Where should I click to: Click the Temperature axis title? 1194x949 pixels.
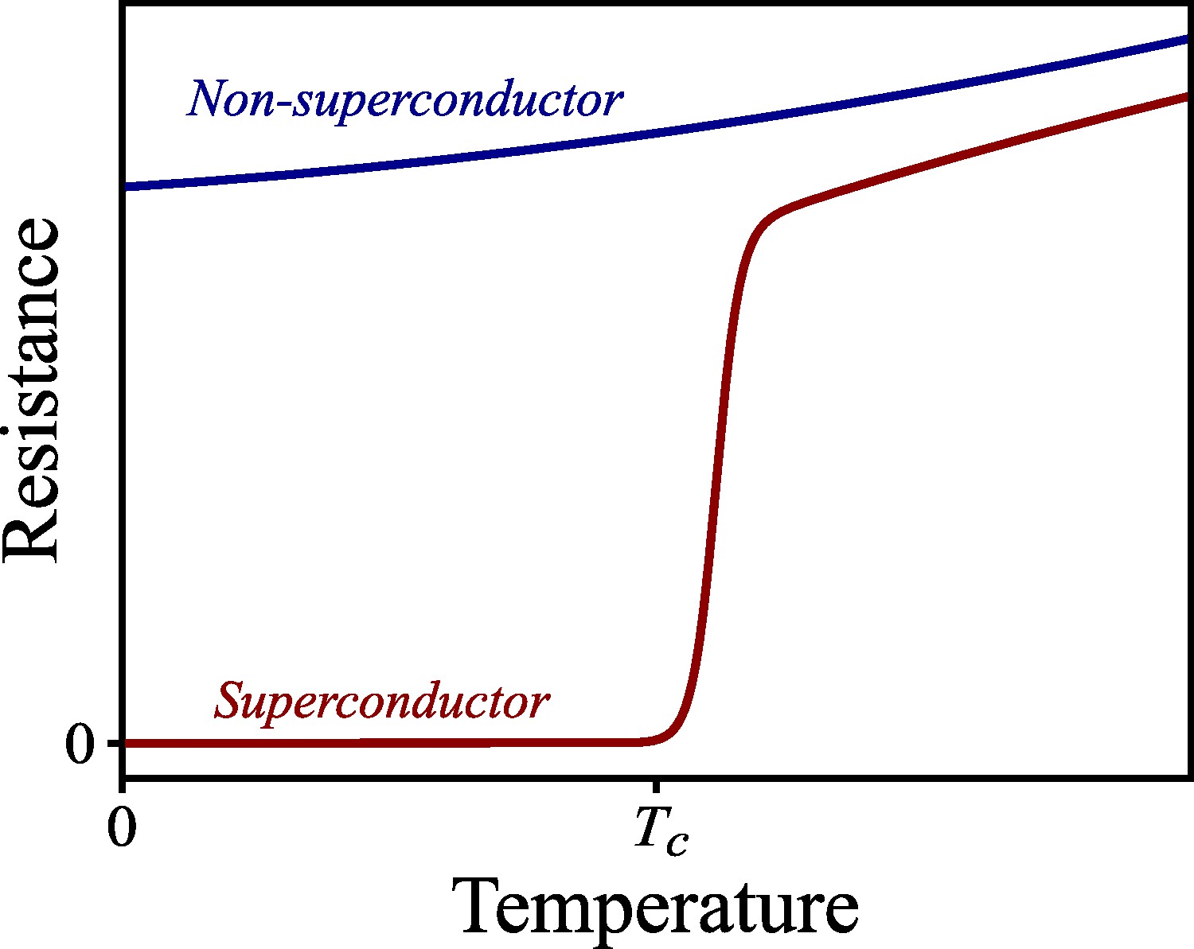tap(654, 908)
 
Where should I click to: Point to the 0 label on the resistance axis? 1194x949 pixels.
tap(80, 745)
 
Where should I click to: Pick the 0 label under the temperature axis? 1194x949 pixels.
tap(121, 828)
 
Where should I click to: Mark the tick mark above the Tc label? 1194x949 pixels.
tap(654, 785)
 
